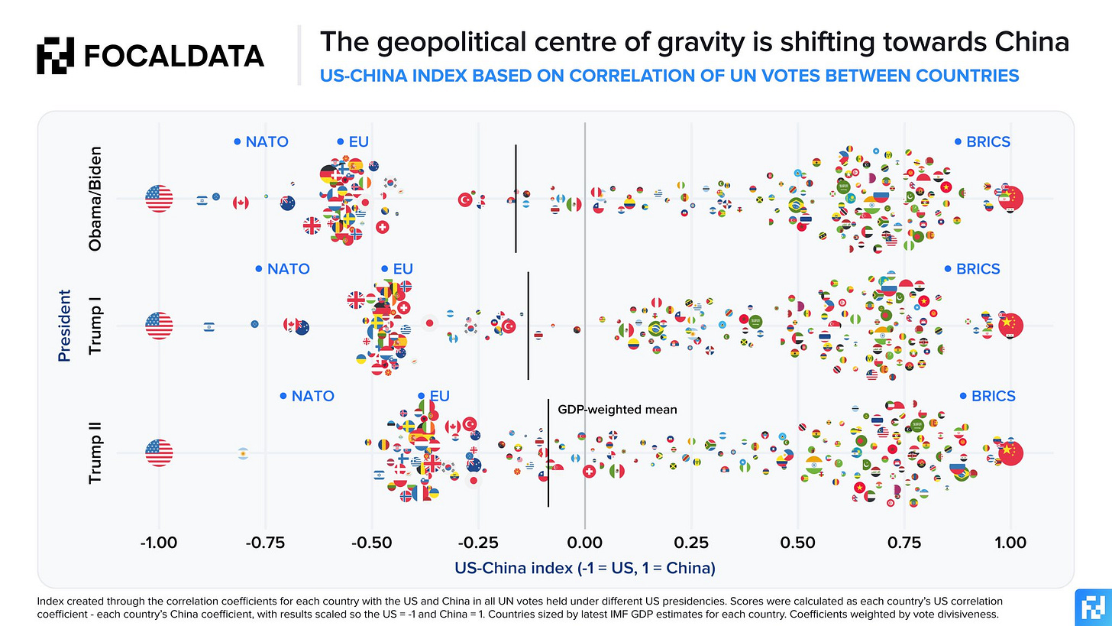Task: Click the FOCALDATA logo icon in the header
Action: (56, 56)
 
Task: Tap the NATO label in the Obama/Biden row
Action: (267, 141)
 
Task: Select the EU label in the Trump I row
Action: (402, 269)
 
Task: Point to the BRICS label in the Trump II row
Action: (994, 396)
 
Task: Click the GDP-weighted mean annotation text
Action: (617, 410)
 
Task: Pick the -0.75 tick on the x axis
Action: (265, 544)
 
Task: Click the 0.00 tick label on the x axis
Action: (584, 544)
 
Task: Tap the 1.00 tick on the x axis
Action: (1010, 544)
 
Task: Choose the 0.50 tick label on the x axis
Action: (797, 544)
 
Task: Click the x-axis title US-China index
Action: (584, 569)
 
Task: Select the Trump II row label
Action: (95, 452)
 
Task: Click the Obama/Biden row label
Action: (95, 199)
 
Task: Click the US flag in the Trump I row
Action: (159, 326)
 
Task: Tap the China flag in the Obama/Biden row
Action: (1010, 199)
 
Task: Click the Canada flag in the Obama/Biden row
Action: (241, 203)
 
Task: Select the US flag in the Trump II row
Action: (159, 452)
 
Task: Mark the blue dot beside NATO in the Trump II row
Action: (283, 396)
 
